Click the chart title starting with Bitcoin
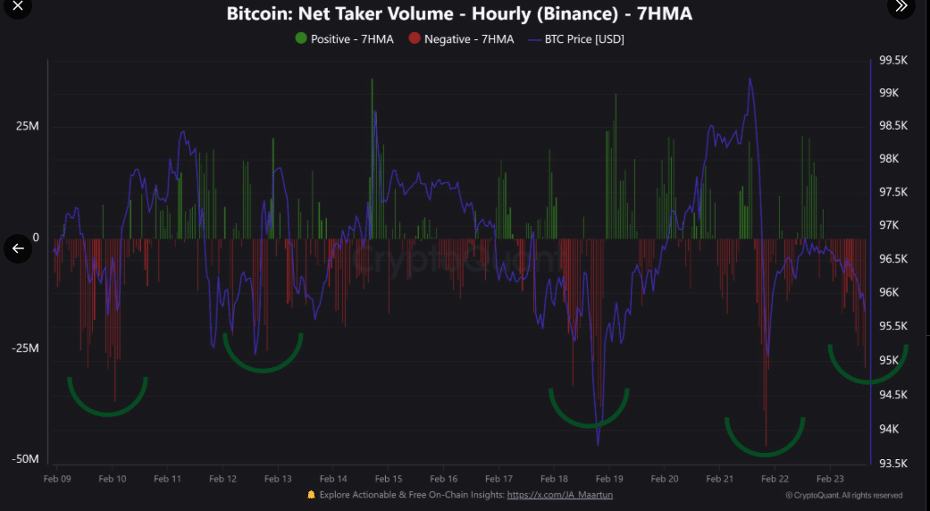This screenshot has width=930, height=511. coord(459,14)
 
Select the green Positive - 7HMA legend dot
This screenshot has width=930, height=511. coord(301,38)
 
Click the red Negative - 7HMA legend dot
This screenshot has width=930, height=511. coord(414,38)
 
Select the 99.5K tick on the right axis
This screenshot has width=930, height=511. coord(894,60)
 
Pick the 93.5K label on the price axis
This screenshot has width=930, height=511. coord(894,464)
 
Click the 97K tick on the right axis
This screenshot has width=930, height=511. coord(894,225)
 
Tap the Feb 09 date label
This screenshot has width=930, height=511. coord(57,479)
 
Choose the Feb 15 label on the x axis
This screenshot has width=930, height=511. coord(389,479)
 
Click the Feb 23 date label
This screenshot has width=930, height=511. coord(830,479)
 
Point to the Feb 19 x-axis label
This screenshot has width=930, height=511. coord(609,479)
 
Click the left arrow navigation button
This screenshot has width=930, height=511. coord(18,248)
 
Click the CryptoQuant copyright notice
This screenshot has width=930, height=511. coord(843,495)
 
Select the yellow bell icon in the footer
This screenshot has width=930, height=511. coord(311,494)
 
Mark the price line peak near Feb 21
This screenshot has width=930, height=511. coord(750,80)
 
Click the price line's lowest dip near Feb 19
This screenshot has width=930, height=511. coord(598,444)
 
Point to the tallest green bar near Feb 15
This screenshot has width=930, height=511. coord(372,80)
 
